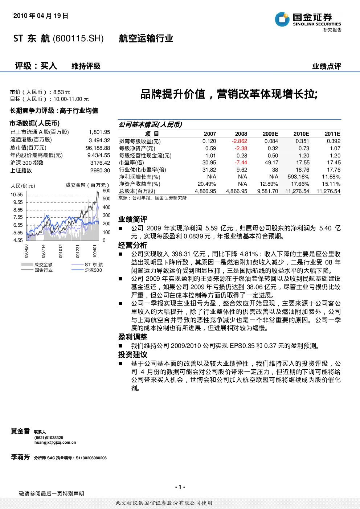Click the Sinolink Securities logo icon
click(282, 19)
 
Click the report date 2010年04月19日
click(41, 16)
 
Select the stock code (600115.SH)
click(78, 38)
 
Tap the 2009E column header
click(270, 134)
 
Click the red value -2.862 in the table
click(240, 141)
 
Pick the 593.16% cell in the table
click(298, 177)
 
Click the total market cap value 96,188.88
click(98, 148)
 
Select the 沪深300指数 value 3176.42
click(100, 163)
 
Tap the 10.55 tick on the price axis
click(17, 194)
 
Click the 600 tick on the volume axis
click(107, 190)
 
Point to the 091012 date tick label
click(61, 251)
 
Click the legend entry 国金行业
click(44, 270)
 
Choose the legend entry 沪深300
click(93, 270)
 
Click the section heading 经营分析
click(133, 245)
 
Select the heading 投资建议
click(133, 355)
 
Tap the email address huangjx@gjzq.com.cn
click(55, 442)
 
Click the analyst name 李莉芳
click(20, 457)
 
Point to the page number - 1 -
click(180, 487)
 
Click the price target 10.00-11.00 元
click(71, 99)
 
